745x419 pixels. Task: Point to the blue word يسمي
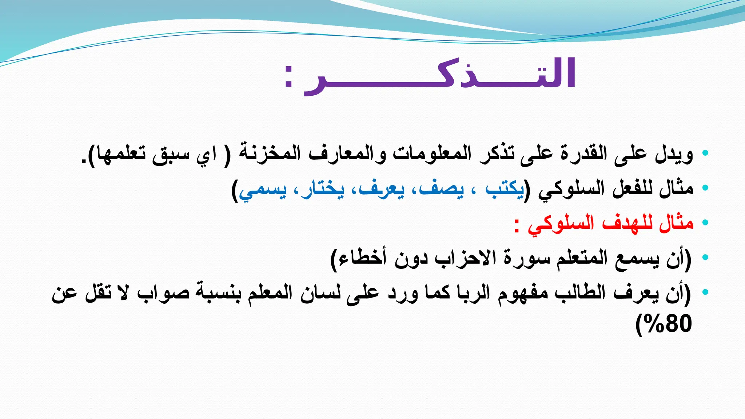263,190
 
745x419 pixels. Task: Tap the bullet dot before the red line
705,223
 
